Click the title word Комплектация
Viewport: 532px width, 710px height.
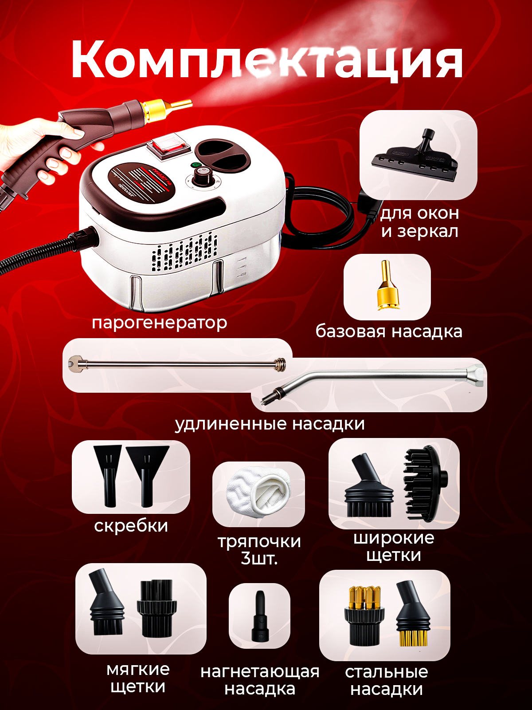click(x=266, y=60)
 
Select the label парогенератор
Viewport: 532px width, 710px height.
click(x=159, y=323)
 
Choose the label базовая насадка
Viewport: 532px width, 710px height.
click(x=389, y=331)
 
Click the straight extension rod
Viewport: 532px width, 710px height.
click(x=177, y=364)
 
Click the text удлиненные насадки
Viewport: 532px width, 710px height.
click(x=270, y=424)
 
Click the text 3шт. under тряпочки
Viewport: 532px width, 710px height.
click(x=259, y=558)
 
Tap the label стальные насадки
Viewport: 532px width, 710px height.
click(x=387, y=680)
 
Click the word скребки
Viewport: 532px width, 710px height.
click(x=131, y=526)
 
